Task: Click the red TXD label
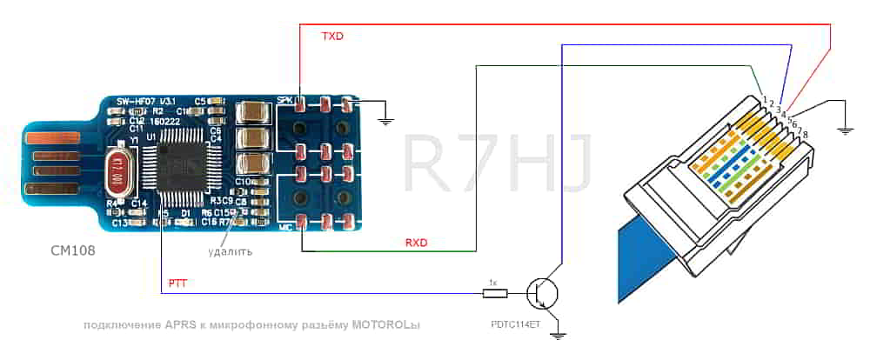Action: (332, 37)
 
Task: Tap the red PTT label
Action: (176, 283)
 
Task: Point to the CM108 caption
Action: (72, 250)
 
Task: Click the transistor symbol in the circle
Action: (545, 293)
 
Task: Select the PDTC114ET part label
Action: (517, 323)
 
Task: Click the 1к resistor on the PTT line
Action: (493, 293)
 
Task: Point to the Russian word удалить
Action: (231, 252)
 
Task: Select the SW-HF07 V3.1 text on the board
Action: (145, 102)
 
